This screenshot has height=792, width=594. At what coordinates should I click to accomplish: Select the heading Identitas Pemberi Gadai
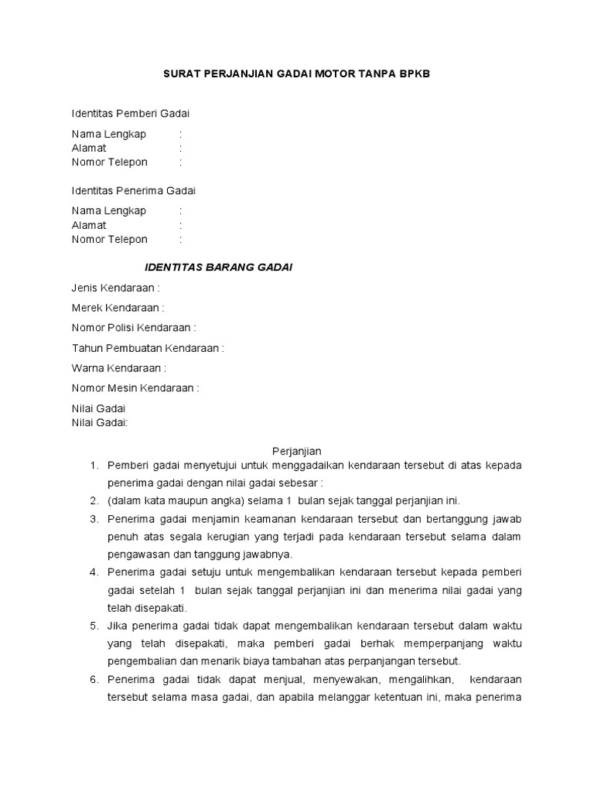tap(130, 114)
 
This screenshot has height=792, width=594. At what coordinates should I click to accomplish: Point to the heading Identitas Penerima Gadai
tap(134, 190)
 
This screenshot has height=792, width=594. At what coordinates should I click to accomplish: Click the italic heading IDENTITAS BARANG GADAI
tap(219, 267)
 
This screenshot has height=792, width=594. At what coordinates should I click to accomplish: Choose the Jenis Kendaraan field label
tap(115, 288)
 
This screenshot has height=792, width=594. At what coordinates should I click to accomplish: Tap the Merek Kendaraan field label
tap(118, 308)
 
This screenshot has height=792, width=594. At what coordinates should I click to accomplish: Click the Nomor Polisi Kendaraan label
tap(134, 328)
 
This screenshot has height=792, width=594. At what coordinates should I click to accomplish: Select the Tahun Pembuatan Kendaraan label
tap(148, 348)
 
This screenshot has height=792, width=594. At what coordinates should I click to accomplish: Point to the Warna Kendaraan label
tap(118, 368)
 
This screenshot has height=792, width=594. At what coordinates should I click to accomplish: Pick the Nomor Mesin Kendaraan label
tap(135, 388)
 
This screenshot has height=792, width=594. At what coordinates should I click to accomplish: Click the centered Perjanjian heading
tap(296, 451)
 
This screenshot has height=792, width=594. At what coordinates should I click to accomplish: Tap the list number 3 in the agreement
tap(94, 518)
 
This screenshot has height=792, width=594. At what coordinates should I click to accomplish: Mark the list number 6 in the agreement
tap(94, 679)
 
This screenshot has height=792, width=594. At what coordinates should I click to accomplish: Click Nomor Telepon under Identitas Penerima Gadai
tap(109, 239)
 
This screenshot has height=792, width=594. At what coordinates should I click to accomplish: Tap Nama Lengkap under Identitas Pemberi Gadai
tap(108, 134)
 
